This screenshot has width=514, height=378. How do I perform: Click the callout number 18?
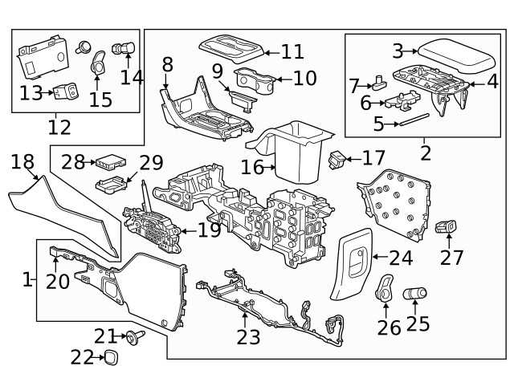pos(22,162)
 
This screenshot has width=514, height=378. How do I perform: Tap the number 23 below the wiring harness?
pos(248,338)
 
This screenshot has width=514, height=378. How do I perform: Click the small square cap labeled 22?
pos(111,357)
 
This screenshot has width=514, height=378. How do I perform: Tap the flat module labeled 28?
pos(106,163)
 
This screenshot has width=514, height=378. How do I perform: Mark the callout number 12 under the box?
pos(59,127)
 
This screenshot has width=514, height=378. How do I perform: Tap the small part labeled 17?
pos(340,158)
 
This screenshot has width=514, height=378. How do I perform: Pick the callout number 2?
pos(425,152)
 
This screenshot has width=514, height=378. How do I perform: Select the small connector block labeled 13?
pos(67,92)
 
